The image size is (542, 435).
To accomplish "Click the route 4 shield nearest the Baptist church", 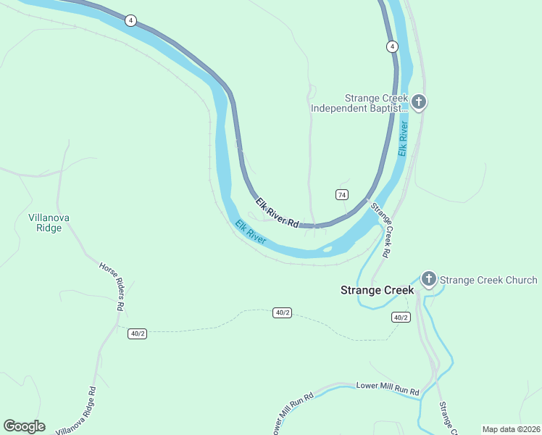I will [x=391, y=46].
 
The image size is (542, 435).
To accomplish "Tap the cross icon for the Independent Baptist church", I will [x=419, y=102].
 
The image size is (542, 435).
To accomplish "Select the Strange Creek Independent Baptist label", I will [x=359, y=103].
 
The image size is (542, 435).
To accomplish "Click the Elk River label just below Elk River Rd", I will [x=251, y=232].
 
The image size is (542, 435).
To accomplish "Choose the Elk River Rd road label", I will [x=278, y=212].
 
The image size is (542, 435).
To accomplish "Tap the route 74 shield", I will [x=342, y=194].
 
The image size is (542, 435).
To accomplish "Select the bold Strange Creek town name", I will [x=378, y=290].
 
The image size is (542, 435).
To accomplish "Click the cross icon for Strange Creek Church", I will [x=428, y=278].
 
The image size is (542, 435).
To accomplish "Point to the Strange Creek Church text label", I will [x=488, y=280].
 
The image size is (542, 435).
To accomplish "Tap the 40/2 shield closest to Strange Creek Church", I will [x=401, y=318].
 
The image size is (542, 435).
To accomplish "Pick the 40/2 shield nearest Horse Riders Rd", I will [x=137, y=333].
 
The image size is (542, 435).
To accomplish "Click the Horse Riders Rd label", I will [x=110, y=286].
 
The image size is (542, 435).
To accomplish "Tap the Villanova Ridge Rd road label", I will [x=75, y=410].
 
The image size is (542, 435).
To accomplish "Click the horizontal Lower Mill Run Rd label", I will [x=388, y=388].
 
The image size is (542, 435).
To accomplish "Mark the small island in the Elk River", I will [x=327, y=250].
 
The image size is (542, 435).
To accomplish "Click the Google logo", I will [x=24, y=426].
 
